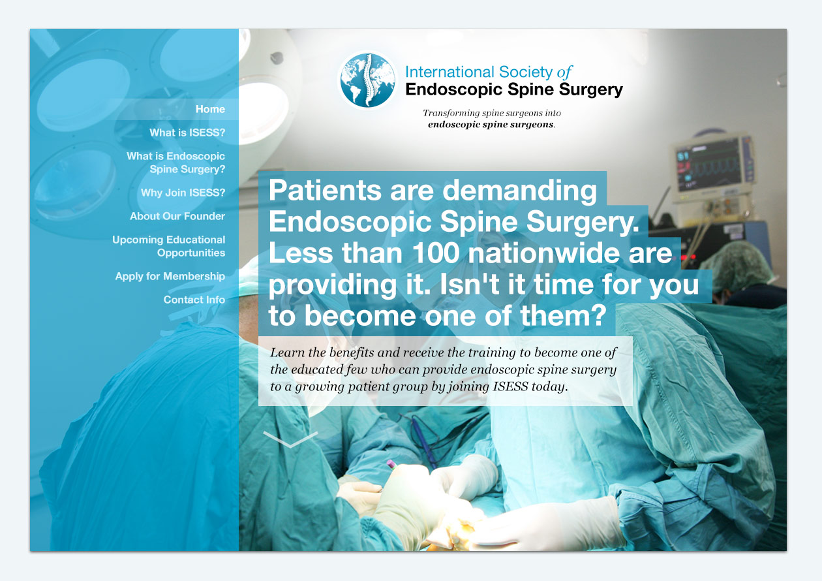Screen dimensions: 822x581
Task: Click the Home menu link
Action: coord(210,109)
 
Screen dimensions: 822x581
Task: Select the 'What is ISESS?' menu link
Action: coord(187,133)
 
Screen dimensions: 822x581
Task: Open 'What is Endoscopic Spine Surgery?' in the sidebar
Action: coord(175,163)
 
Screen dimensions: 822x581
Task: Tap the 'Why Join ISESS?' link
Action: coord(183,193)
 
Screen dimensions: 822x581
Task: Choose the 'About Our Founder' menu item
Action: coord(177,216)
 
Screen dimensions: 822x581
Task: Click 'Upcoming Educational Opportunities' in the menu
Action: coord(168,246)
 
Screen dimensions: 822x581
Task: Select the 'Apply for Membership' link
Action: coord(170,276)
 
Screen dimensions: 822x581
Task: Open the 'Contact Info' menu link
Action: coord(194,300)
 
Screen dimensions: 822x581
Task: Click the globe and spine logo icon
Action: coord(367,80)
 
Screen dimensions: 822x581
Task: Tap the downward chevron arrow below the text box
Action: coord(290,439)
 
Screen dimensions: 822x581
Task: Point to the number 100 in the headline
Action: coord(436,253)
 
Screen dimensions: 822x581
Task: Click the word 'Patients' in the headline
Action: coord(325,190)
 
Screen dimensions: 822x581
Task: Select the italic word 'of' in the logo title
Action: coord(564,72)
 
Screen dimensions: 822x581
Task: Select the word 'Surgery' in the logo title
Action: coord(591,90)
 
